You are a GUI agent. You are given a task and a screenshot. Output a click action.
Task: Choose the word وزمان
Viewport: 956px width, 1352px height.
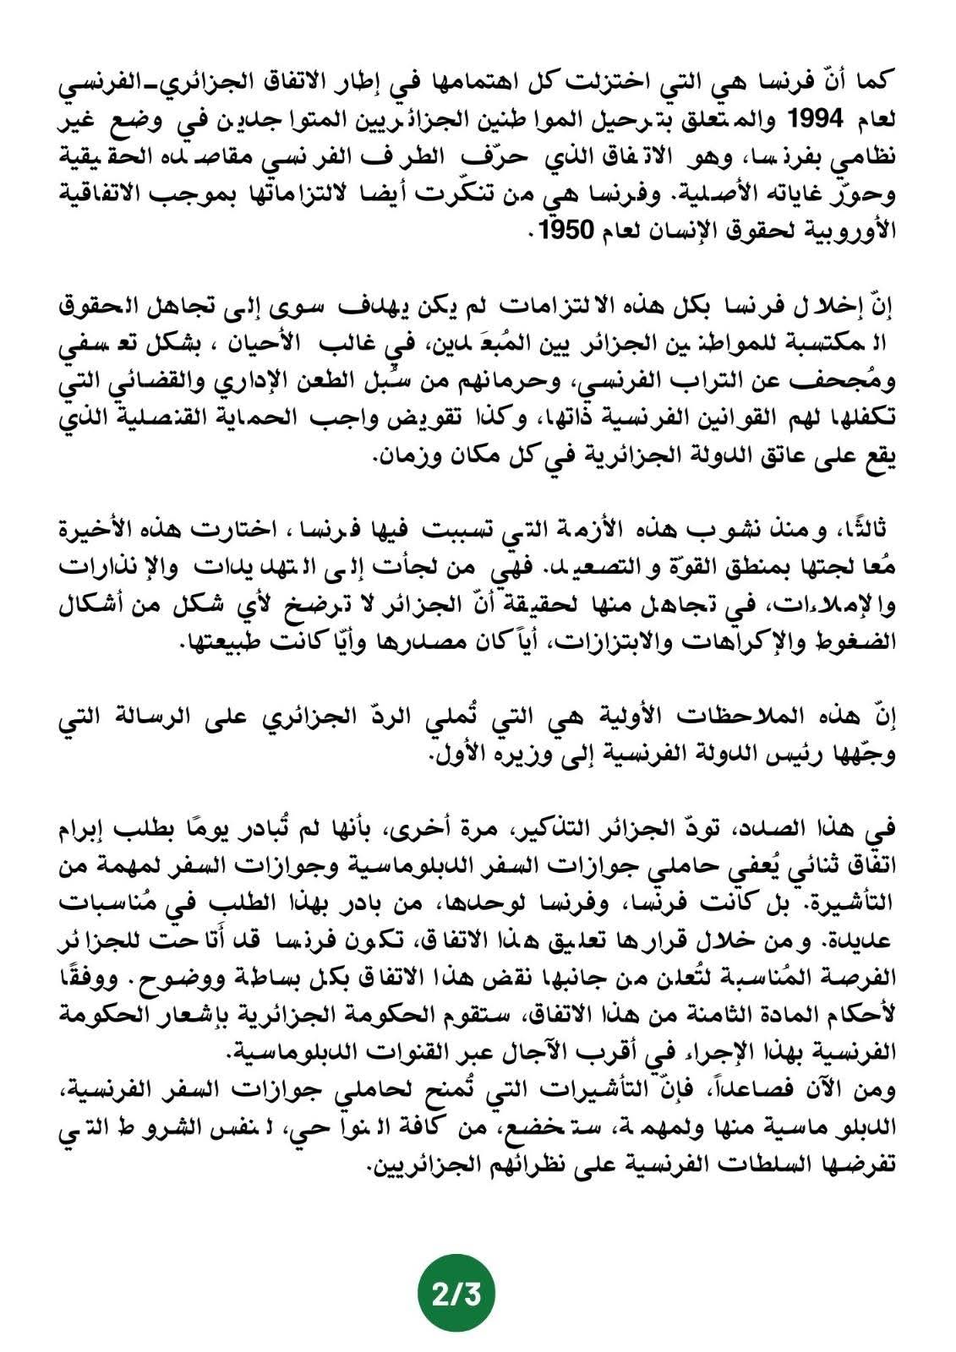405,457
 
